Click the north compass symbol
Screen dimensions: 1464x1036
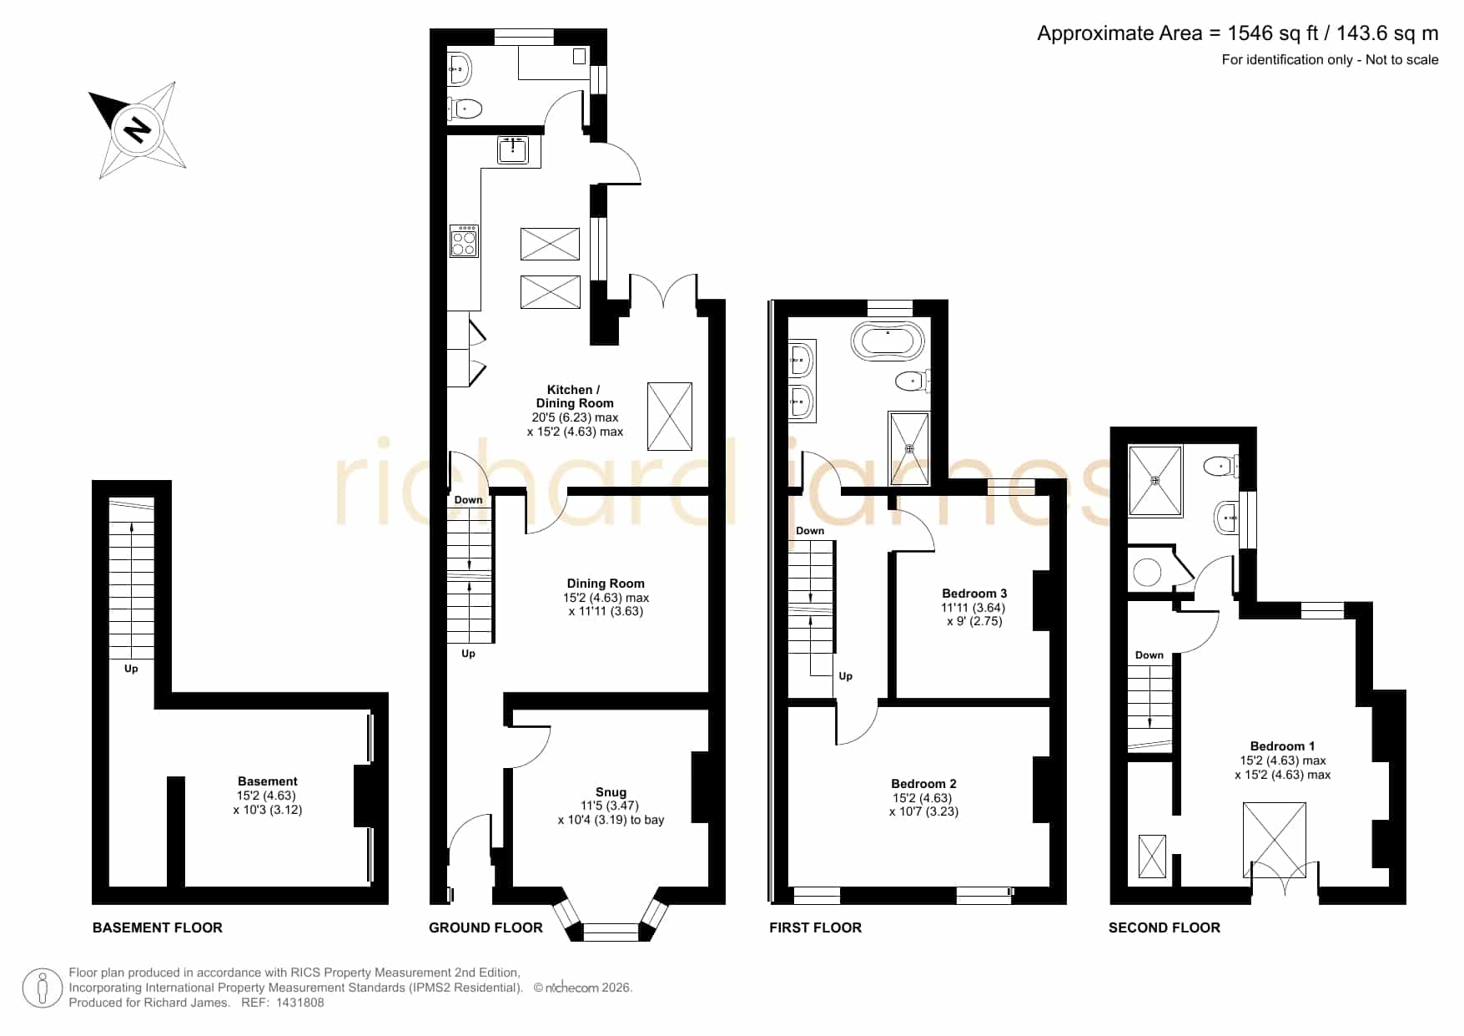pos(137,129)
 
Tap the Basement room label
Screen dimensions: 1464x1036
pos(268,781)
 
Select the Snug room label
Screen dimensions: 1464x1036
pos(611,792)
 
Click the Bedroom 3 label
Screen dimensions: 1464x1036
pos(974,594)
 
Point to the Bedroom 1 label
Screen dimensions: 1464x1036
pos(1282,746)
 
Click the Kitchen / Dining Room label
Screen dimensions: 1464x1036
pos(575,397)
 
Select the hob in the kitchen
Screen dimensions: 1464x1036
pos(464,240)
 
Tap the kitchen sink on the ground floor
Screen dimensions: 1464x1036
pos(513,150)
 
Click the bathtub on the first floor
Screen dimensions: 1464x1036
pos(888,341)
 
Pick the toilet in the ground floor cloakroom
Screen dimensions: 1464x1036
pos(465,109)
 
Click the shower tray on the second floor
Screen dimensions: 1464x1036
pos(1155,481)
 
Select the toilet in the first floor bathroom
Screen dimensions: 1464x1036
pos(912,382)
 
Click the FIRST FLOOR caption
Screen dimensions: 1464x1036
pos(815,927)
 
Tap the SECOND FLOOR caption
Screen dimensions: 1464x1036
pos(1164,927)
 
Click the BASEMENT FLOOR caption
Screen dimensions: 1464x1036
pos(158,927)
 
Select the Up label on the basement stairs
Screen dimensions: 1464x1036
pos(131,669)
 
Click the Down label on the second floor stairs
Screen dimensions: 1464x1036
pos(1150,655)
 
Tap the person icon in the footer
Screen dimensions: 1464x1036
pos(42,988)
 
